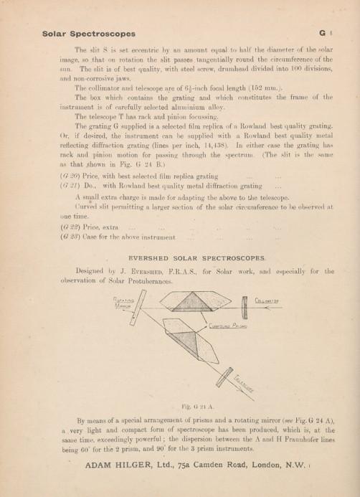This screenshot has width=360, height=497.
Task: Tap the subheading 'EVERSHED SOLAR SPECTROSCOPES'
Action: click(x=186, y=256)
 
